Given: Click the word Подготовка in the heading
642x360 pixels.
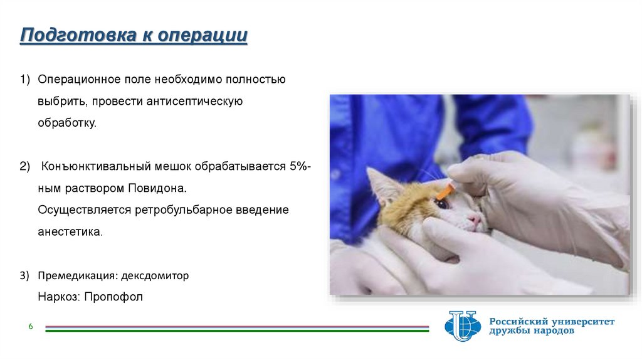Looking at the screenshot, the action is pyautogui.click(x=78, y=35).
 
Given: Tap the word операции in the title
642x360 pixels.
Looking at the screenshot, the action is pyautogui.click(x=203, y=36).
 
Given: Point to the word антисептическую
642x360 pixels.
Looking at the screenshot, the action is pyautogui.click(x=194, y=101).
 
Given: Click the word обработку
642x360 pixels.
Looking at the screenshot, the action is pyautogui.click(x=67, y=122).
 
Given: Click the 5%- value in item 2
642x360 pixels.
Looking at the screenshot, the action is pyautogui.click(x=300, y=166).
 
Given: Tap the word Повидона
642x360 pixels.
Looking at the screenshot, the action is pyautogui.click(x=157, y=188).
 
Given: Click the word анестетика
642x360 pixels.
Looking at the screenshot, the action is pyautogui.click(x=70, y=232).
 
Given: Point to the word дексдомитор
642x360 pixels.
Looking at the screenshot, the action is pyautogui.click(x=155, y=275).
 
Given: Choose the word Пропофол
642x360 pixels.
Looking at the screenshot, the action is pyautogui.click(x=113, y=297).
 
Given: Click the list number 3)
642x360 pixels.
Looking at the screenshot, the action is pyautogui.click(x=24, y=275).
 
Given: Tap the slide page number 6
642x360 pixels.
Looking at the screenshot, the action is pyautogui.click(x=31, y=326).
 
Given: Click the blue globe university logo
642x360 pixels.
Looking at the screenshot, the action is pyautogui.click(x=463, y=326).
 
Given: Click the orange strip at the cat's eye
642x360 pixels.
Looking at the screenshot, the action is pyautogui.click(x=446, y=191).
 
